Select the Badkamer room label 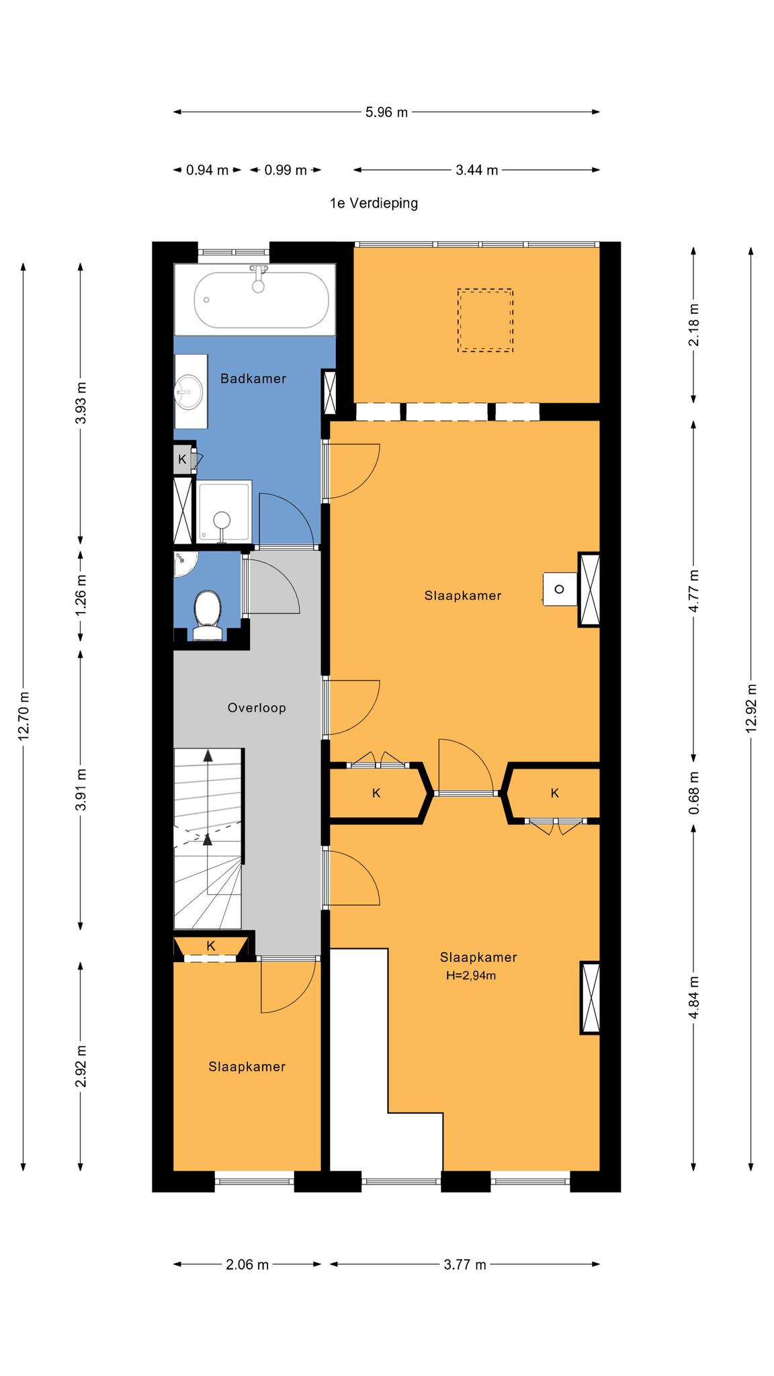point(253,379)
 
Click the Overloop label point(257,707)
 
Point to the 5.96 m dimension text point(386,112)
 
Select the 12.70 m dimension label point(24,716)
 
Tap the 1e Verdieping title point(374,203)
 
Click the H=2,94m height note point(471,976)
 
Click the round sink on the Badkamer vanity point(189,392)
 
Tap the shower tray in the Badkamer point(225,511)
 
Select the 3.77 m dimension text point(465,1264)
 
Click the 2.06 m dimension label point(247,1264)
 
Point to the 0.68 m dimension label point(694,793)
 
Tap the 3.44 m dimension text point(477,170)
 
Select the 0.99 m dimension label point(286,170)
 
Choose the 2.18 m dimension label point(694,325)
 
